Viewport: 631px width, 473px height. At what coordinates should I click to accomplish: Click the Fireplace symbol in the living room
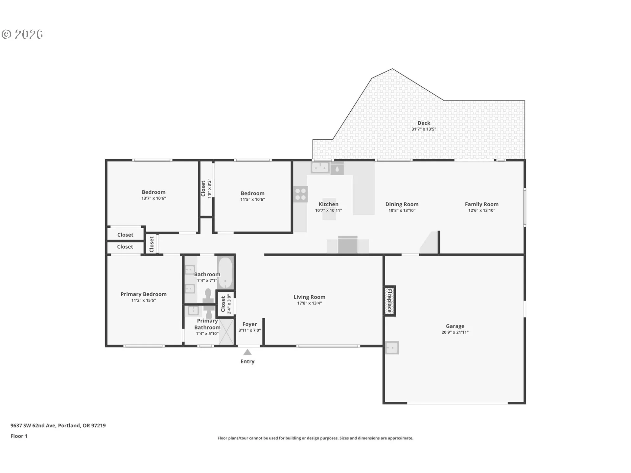tap(390, 301)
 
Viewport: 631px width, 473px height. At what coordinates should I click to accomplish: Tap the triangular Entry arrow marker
tap(247, 352)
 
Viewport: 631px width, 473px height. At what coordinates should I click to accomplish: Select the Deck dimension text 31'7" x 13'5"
tap(424, 129)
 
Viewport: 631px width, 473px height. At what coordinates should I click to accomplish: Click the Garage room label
tap(455, 326)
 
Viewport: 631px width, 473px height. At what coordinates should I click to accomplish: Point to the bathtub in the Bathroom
tap(225, 273)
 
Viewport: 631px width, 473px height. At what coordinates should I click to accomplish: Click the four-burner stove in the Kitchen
tap(300, 194)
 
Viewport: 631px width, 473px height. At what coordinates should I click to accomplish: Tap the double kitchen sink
tap(320, 168)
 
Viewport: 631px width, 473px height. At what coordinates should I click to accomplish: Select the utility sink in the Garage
tap(392, 348)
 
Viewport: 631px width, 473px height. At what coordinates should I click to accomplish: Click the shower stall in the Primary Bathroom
tap(226, 331)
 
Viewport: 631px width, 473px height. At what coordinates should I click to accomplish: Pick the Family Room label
tap(481, 204)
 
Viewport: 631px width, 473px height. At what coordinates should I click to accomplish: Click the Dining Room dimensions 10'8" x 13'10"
tap(402, 211)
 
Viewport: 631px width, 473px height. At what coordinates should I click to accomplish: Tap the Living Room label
tap(309, 297)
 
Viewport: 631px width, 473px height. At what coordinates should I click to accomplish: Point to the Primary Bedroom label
tap(144, 294)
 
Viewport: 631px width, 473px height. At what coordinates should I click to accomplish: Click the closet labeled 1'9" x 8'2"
tap(206, 189)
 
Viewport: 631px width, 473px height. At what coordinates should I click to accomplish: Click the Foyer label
tap(250, 324)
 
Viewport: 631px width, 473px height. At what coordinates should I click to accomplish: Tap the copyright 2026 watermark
tap(22, 34)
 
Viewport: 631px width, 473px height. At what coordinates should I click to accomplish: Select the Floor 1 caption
tap(19, 436)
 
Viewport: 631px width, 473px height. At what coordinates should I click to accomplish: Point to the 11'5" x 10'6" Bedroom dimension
tap(252, 199)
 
